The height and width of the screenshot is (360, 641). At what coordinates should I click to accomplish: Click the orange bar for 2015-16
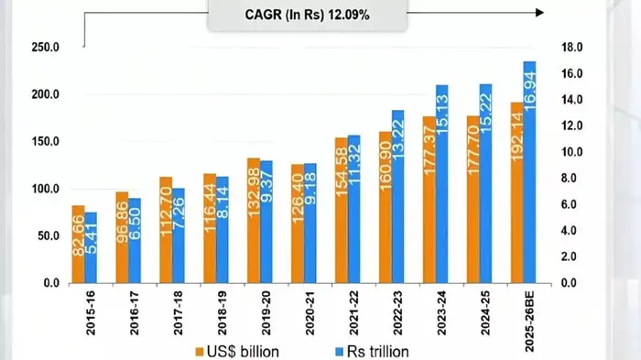coord(79,245)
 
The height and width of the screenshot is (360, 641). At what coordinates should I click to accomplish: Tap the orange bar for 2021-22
coord(341,211)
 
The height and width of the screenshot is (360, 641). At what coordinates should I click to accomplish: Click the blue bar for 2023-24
coord(441,183)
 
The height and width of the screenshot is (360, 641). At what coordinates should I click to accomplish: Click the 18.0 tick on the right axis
coord(573,48)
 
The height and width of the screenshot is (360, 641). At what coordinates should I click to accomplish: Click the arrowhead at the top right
coord(539,13)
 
